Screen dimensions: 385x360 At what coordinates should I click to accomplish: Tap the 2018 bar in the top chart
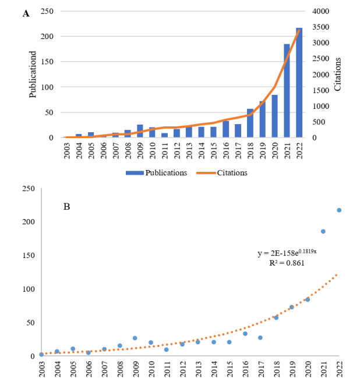click(250, 123)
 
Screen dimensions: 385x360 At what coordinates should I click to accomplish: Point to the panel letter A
click(26, 13)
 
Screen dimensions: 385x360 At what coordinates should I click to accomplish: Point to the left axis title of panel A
click(33, 75)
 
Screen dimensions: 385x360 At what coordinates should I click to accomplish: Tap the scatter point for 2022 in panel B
click(338, 210)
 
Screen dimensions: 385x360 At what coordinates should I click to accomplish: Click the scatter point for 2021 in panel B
click(323, 231)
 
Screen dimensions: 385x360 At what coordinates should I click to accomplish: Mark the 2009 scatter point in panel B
click(135, 338)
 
